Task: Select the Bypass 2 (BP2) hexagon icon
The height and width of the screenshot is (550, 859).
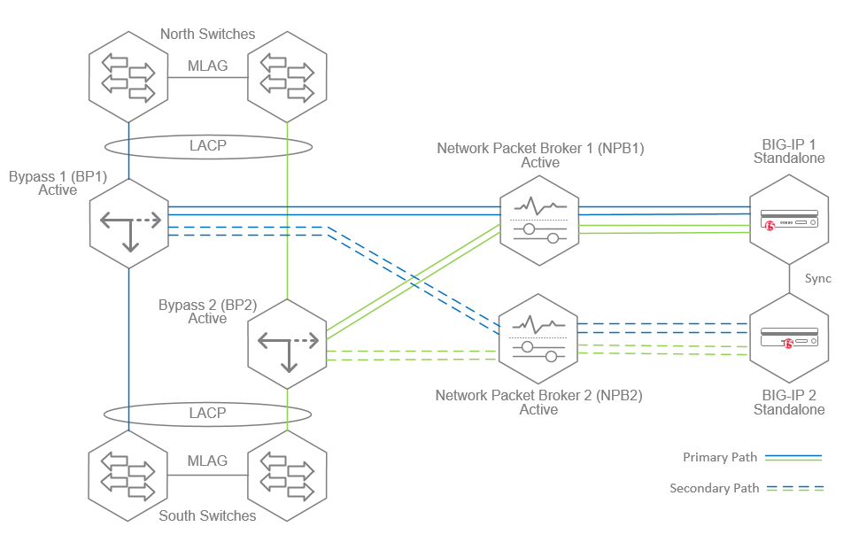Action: [288, 343]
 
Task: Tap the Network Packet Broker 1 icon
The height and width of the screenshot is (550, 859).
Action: [538, 221]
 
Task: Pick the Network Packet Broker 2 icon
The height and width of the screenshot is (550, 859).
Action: [538, 338]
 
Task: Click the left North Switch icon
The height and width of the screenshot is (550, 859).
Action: [128, 77]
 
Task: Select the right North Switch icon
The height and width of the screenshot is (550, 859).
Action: [288, 77]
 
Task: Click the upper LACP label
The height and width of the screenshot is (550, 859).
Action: [207, 145]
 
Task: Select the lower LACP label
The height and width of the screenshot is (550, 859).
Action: [207, 413]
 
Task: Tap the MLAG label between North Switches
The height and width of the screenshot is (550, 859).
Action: [207, 66]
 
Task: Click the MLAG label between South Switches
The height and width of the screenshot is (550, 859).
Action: [207, 461]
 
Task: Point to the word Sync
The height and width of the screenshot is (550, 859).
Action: [817, 278]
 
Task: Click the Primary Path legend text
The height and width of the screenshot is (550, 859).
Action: [720, 457]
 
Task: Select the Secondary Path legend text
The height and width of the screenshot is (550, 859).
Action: [714, 488]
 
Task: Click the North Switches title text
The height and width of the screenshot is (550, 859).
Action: [207, 34]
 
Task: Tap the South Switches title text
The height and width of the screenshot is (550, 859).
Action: [207, 515]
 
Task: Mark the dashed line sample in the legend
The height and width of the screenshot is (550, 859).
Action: [794, 488]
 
